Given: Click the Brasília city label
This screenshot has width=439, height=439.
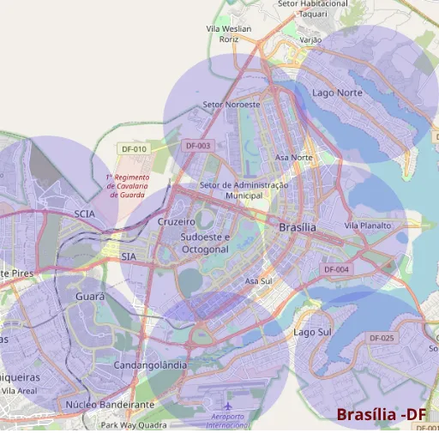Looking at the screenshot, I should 298,227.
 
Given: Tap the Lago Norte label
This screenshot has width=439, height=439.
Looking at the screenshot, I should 337,92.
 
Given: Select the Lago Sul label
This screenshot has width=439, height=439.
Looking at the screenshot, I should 312,332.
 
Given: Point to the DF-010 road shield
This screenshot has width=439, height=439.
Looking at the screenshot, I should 134,148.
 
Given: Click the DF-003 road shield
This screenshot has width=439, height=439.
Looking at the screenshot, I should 197,146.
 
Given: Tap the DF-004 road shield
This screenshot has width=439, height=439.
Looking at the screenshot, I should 337,269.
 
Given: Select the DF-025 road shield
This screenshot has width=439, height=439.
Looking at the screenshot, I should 382,339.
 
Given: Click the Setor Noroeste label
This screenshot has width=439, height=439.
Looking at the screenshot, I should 231,105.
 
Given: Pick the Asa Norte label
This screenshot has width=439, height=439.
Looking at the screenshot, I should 293,158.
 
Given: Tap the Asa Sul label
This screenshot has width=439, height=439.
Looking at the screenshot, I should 258,281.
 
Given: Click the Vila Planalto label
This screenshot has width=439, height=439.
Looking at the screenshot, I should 367,226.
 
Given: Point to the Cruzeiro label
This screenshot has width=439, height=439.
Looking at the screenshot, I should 177,221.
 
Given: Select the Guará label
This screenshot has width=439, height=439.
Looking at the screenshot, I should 90,296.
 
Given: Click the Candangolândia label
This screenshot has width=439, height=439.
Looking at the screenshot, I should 150,365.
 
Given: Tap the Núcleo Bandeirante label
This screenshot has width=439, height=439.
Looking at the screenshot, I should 110,404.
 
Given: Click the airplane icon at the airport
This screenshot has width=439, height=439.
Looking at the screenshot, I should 227,406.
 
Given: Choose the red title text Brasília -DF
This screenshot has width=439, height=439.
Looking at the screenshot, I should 381,415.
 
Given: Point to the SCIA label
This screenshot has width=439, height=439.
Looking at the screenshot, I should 84,213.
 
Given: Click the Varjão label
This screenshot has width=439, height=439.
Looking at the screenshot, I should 310,39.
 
